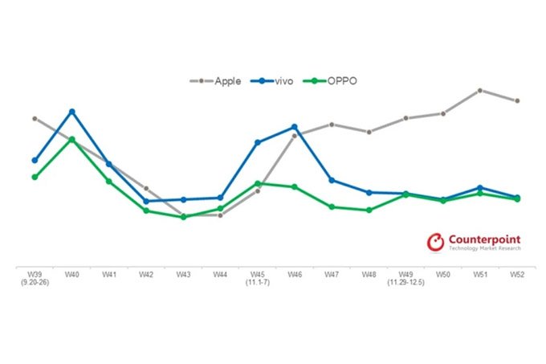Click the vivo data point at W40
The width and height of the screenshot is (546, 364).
pyautogui.click(x=72, y=112)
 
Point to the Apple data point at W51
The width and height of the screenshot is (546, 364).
pyautogui.click(x=479, y=90)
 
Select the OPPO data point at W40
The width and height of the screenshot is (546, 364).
pyautogui.click(x=72, y=139)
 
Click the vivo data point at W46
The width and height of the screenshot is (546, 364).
pyautogui.click(x=295, y=127)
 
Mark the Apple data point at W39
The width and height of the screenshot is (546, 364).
pyautogui.click(x=35, y=118)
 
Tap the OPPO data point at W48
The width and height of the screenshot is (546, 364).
pyautogui.click(x=369, y=210)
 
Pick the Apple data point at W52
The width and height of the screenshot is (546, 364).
pyautogui.click(x=517, y=101)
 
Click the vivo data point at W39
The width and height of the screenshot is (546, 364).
pyautogui.click(x=35, y=161)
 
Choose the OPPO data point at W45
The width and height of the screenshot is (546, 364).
pyautogui.click(x=258, y=183)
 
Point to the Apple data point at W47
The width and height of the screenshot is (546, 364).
pyautogui.click(x=332, y=125)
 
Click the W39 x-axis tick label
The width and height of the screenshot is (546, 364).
pyautogui.click(x=35, y=275)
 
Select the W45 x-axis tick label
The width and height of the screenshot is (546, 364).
pyautogui.click(x=258, y=275)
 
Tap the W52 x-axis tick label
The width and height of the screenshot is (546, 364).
pyautogui.click(x=517, y=275)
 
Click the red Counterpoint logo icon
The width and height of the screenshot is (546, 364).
pyautogui.click(x=435, y=243)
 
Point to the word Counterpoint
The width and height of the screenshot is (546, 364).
pyautogui.click(x=484, y=239)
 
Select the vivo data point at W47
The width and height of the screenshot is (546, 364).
pyautogui.click(x=332, y=180)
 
